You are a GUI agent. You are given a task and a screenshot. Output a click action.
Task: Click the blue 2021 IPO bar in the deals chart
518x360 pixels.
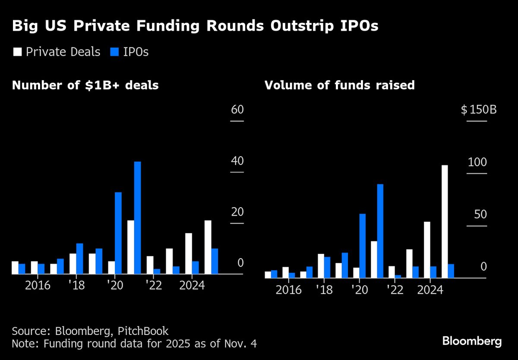pos(137,218)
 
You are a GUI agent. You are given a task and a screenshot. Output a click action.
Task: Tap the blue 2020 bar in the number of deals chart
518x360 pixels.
pos(118,233)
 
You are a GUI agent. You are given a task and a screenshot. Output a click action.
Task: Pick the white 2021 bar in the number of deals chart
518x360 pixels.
pos(130,247)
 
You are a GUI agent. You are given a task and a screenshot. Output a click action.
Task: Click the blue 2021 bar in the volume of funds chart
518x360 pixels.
pos(380,231)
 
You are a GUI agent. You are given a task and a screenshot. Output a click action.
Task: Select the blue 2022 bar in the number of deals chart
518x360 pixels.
pos(157,271)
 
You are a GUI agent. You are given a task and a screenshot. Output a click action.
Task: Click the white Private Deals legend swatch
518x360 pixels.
pos(17,52)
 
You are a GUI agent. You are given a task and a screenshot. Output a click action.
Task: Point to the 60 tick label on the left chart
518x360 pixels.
pos(237,109)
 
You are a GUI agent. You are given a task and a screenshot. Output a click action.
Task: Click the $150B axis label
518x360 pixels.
pos(478,109)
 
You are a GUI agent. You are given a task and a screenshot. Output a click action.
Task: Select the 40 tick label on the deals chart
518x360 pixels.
pos(237,161)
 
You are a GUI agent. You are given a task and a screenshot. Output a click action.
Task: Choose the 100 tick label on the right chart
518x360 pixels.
pos(477,162)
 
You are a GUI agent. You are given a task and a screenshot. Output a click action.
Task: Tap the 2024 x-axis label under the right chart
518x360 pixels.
pos(430,289)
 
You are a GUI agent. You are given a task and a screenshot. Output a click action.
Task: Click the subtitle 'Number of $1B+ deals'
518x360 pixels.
pos(85,85)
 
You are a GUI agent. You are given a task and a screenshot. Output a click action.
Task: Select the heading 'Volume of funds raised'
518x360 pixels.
pos(339,85)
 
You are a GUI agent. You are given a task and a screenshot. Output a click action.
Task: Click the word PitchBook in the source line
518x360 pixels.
pos(143,331)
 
